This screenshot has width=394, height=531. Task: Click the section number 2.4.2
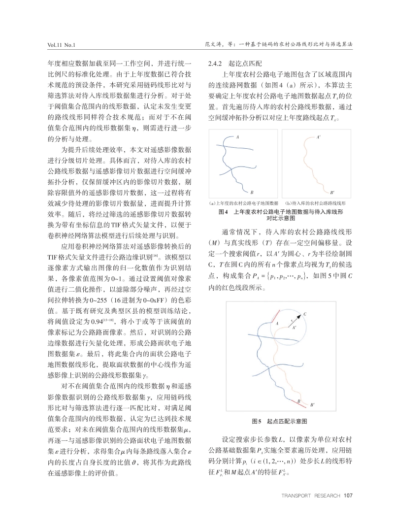click(x=217, y=64)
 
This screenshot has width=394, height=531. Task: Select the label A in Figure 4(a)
click(x=237, y=136)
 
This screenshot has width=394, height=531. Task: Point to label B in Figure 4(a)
click(x=252, y=192)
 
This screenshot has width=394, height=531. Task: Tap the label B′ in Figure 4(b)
click(x=332, y=192)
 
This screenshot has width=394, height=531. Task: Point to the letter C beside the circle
click(x=305, y=314)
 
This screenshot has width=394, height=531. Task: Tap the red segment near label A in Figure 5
click(x=276, y=315)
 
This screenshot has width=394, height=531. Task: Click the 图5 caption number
click(x=256, y=422)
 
